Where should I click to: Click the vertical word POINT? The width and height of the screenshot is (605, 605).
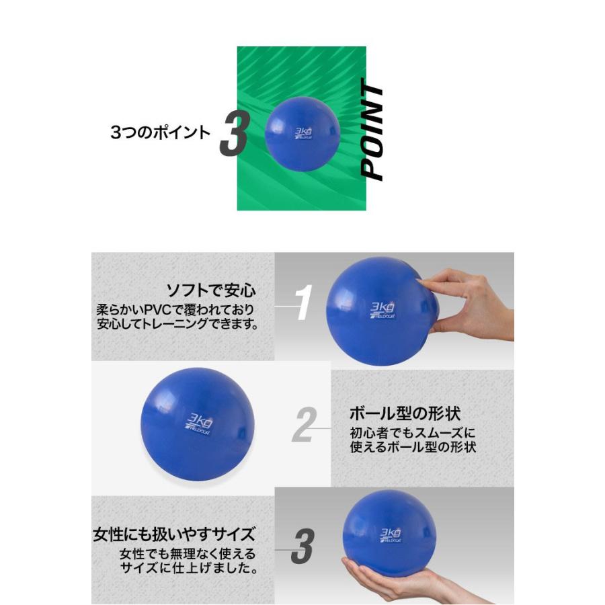[373, 132]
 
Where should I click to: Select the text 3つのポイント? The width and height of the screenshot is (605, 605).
[160, 132]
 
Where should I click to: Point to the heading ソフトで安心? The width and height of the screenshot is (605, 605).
[211, 291]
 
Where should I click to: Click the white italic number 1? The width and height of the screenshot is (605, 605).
[305, 303]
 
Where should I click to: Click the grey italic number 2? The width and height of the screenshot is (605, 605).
[304, 424]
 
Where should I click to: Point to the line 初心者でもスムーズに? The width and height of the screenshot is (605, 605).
[413, 433]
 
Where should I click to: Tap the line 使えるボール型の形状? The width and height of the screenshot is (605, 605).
[413, 447]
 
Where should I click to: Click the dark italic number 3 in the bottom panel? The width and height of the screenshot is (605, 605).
[302, 547]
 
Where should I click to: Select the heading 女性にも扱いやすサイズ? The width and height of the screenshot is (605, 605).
[174, 535]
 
